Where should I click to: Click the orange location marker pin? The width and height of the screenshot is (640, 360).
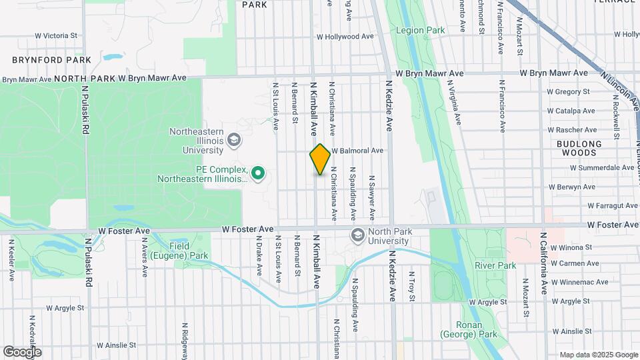click(320, 159)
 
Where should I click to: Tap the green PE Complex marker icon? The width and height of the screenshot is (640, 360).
click(257, 175)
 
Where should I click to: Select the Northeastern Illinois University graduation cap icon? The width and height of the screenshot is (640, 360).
click(233, 140)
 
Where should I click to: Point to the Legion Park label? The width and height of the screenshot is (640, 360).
click(420, 30)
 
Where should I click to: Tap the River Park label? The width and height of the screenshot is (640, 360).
click(495, 265)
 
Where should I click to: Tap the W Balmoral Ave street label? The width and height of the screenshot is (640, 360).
click(357, 151)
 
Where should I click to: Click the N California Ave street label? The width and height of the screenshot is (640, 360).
click(543, 263)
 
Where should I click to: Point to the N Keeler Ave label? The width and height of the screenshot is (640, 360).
click(11, 265)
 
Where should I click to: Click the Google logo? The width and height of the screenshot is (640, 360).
click(22, 351)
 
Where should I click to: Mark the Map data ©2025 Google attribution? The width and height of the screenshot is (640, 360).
click(598, 355)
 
